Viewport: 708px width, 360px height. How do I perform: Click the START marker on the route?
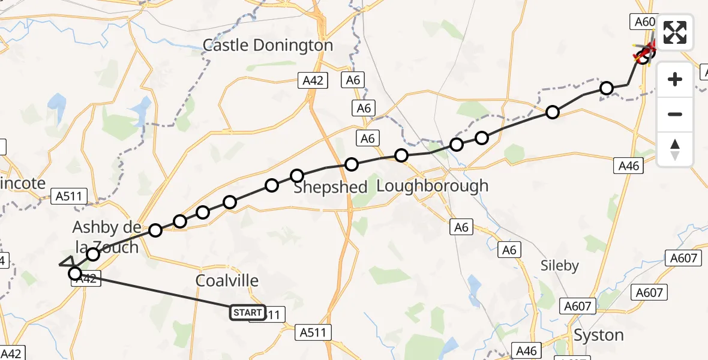click(x=247, y=313)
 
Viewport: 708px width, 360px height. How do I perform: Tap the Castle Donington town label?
click(x=268, y=45)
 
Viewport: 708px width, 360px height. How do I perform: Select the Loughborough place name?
click(x=432, y=186)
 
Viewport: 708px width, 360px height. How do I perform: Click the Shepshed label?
click(x=330, y=187)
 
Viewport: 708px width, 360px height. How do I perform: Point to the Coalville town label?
click(x=227, y=281)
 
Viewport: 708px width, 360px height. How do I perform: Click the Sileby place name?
click(x=559, y=265)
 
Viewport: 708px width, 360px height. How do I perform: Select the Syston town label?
click(x=598, y=335)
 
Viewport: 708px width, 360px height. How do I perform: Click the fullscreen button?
click(x=675, y=32)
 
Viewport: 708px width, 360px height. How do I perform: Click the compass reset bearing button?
click(x=675, y=149)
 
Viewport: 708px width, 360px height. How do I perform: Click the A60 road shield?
click(x=645, y=22)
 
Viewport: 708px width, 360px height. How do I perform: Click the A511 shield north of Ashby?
click(x=70, y=196)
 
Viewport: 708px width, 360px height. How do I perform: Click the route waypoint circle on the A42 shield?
click(x=75, y=274)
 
